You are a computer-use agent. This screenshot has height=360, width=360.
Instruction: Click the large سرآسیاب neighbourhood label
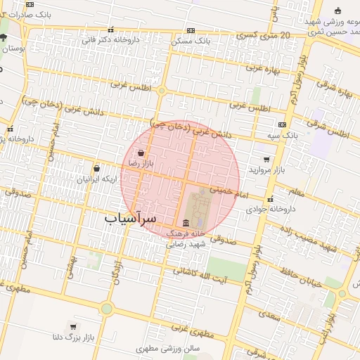pyautogui.click(x=131, y=218)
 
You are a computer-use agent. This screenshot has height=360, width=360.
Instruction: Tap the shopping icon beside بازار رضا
pyautogui.click(x=141, y=153)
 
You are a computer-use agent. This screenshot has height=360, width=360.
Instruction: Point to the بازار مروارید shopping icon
pyautogui.click(x=266, y=160)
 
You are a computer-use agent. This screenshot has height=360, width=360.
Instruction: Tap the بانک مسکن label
pyautogui.click(x=191, y=41)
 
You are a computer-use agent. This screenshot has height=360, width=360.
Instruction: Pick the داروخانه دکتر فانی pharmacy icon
pyautogui.click(x=110, y=30)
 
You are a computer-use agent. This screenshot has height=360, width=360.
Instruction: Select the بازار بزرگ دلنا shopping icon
pyautogui.click(x=73, y=327)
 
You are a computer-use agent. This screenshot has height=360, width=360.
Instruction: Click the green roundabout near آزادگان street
pyautogui.click(x=106, y=308)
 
